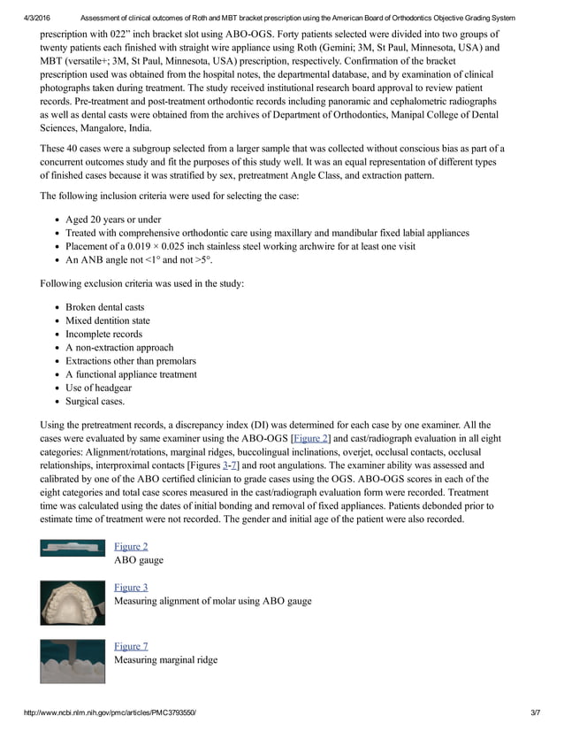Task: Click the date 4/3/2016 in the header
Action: [x=41, y=19]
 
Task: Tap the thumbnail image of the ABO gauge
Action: [x=72, y=549]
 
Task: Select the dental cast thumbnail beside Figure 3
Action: [x=72, y=602]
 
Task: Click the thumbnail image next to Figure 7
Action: [x=72, y=661]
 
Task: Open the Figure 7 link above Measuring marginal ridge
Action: [x=131, y=647]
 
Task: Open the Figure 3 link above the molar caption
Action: [x=131, y=588]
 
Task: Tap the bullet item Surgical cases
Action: [x=95, y=401]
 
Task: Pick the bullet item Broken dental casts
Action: [x=104, y=307]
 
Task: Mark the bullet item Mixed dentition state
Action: [x=108, y=320]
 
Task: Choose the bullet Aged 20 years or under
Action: [x=113, y=219]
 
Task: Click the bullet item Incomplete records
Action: [x=104, y=334]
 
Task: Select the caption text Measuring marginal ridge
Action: [x=165, y=660]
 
